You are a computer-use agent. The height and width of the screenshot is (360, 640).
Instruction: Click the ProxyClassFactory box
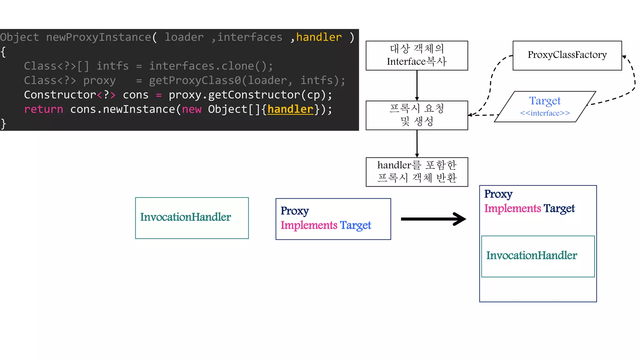[567, 55]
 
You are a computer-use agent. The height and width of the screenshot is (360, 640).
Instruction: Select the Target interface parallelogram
[545, 106]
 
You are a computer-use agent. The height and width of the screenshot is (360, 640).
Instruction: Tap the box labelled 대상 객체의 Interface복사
[417, 55]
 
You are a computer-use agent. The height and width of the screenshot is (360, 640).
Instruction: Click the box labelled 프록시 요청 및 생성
[417, 115]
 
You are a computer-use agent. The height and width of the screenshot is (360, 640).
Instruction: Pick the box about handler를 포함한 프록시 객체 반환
[417, 172]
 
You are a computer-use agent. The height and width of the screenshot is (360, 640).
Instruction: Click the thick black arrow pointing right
[433, 219]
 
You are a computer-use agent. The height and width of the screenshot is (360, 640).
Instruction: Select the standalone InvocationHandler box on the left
[192, 218]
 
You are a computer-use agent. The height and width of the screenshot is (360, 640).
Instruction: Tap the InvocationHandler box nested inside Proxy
[537, 256]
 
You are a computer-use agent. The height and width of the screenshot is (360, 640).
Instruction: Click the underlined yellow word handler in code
[290, 109]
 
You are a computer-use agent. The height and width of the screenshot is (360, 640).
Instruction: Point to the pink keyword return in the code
[43, 109]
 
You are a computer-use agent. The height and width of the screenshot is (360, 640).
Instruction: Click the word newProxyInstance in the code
[98, 37]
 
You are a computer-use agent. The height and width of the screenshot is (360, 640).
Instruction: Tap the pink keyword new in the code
[192, 109]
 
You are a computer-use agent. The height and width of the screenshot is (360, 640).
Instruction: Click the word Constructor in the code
[60, 95]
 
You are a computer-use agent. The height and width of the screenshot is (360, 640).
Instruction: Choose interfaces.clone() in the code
[211, 66]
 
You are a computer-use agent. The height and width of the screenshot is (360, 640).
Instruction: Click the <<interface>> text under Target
[545, 113]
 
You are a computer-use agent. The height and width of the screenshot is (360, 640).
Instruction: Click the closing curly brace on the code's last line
[3, 124]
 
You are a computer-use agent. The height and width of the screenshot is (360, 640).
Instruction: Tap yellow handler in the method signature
[319, 37]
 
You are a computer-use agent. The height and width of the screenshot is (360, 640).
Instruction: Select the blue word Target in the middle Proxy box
[355, 225]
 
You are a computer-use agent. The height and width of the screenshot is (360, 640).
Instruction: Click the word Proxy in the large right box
[498, 194]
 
